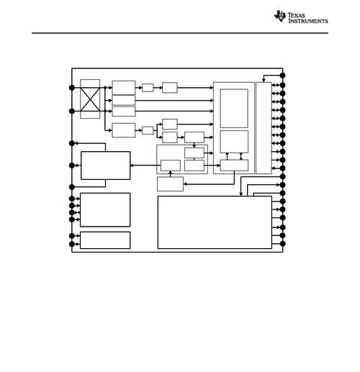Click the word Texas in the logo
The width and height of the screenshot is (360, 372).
pos(296,15)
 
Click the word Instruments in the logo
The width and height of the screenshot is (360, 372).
pos(308,21)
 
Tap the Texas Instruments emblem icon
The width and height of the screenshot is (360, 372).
pos(280,17)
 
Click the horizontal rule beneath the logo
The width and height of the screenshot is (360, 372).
pos(180,33)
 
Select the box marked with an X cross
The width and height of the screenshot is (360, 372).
pos(90,99)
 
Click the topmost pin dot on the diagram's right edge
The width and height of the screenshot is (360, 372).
pos(282,76)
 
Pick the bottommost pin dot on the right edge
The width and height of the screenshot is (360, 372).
pos(282,244)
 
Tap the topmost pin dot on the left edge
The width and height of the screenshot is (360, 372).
pos(72,88)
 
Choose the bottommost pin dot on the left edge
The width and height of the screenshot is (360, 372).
pos(72,244)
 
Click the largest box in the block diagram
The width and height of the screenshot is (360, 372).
pos(215,222)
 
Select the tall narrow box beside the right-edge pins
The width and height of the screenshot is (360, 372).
pos(264,128)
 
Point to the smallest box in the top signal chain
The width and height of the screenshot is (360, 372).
pos(148,88)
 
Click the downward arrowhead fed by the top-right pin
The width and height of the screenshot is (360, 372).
pos(264,81)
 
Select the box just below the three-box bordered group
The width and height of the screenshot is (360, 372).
pos(170,184)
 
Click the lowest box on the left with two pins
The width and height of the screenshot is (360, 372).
pos(105,240)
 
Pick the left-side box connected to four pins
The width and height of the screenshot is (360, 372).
pos(105,209)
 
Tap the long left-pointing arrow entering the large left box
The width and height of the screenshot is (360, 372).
pos(145,165)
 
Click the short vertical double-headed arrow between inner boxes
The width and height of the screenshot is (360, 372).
pos(241,156)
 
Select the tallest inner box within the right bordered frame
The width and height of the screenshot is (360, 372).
pos(234,109)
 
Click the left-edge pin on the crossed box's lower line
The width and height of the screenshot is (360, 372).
pos(72,111)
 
